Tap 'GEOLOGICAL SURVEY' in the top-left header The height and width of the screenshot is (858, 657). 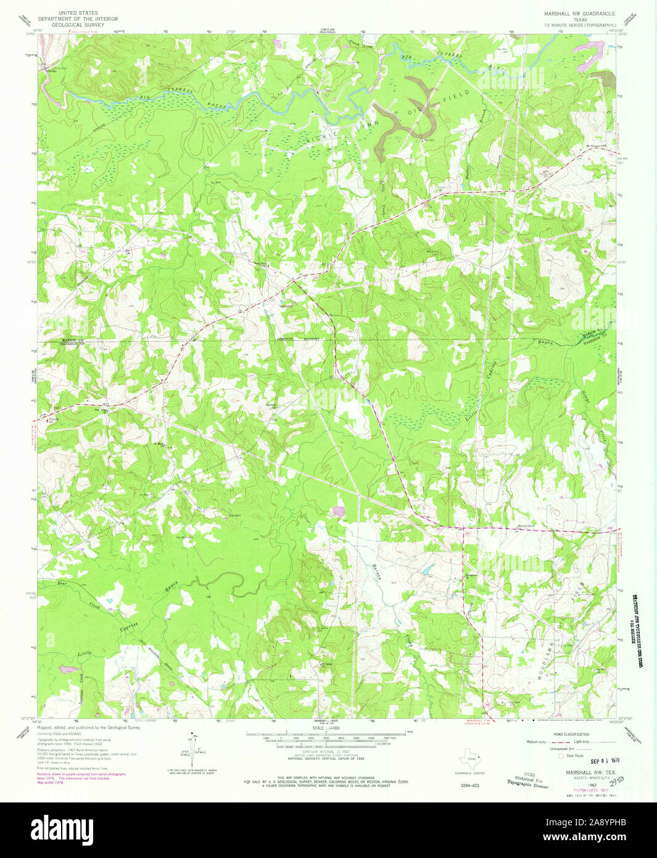pos(78,26)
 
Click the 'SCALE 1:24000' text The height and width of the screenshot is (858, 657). pos(328,728)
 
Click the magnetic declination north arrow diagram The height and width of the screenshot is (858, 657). pos(191,748)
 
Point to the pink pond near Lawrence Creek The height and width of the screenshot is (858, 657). pos(69,668)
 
